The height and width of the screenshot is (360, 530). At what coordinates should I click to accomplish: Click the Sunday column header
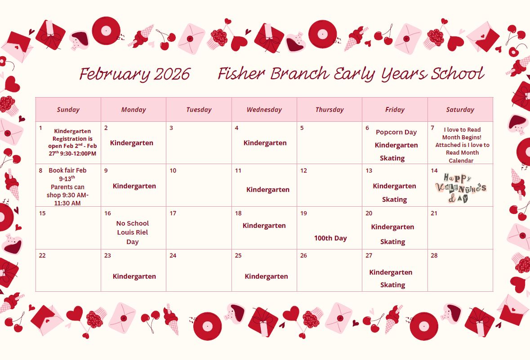(68, 110)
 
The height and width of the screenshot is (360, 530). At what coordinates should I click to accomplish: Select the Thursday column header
(330, 110)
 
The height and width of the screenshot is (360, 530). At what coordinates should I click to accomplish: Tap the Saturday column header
(460, 110)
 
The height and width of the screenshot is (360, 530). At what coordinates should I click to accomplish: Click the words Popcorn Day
(396, 132)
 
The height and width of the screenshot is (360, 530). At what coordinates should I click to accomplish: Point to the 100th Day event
(330, 238)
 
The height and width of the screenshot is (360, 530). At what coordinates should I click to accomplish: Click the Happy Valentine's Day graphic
(461, 188)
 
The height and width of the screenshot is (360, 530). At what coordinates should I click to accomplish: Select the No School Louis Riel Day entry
(133, 232)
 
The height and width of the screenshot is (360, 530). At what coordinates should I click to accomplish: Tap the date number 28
(434, 256)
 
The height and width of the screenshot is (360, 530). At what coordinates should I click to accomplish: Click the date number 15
(42, 213)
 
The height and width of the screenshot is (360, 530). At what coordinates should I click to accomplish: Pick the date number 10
(173, 171)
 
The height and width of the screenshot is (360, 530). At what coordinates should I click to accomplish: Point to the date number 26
(303, 256)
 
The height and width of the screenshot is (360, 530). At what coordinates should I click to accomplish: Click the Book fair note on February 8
(67, 187)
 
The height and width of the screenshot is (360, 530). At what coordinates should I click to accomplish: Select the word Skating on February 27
(392, 285)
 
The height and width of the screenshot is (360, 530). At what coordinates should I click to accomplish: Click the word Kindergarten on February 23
(134, 276)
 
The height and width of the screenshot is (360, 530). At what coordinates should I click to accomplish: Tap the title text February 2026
(135, 74)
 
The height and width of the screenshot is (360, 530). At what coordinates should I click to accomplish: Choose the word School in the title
(458, 73)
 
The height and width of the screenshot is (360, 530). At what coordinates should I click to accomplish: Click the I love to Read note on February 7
(462, 145)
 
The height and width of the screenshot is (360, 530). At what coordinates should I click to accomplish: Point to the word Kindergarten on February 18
(264, 226)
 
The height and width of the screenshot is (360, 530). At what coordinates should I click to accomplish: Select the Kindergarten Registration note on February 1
(72, 142)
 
